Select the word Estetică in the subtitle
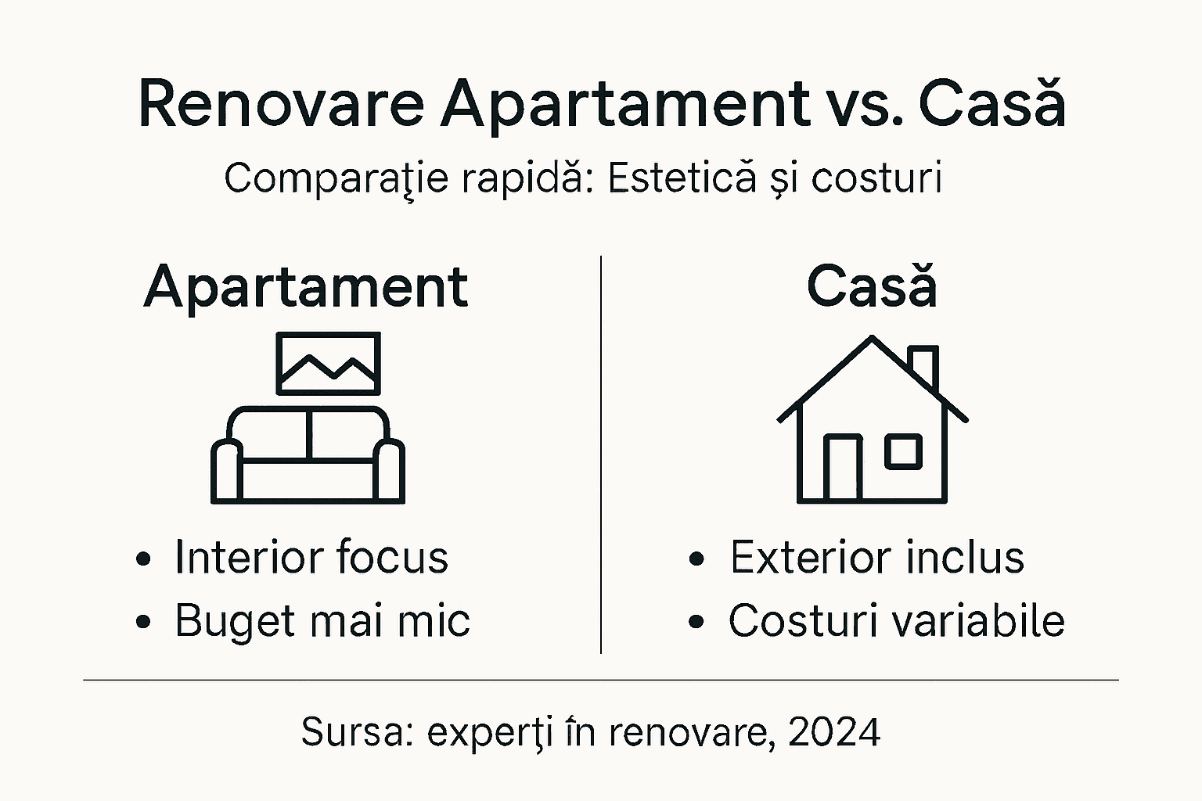pos(682,178)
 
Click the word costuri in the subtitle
pos(876,178)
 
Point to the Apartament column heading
pos(306,287)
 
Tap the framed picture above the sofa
pos(329,363)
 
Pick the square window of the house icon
pos(903,451)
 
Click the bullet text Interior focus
pos(311,558)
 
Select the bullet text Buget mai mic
pos(322,621)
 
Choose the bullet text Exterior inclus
pos(876,558)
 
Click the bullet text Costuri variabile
pos(896,621)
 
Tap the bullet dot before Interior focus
pos(143,560)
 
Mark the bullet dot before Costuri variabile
pos(697,623)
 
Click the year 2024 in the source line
pos(834,733)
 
